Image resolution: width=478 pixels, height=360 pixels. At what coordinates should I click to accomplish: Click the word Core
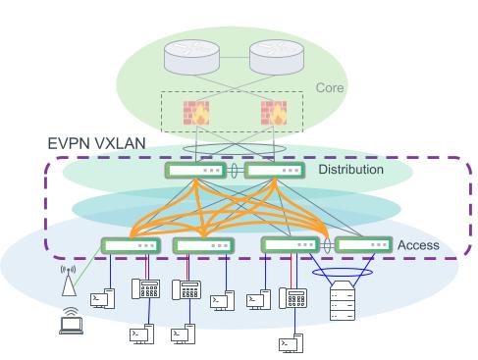click(x=331, y=88)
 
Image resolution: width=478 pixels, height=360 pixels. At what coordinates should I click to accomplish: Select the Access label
click(x=418, y=244)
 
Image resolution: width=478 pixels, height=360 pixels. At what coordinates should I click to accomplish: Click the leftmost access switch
click(x=129, y=245)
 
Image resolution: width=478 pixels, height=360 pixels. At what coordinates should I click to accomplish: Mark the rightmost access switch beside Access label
click(x=363, y=245)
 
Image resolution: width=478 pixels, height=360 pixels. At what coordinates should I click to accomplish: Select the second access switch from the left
click(x=203, y=245)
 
